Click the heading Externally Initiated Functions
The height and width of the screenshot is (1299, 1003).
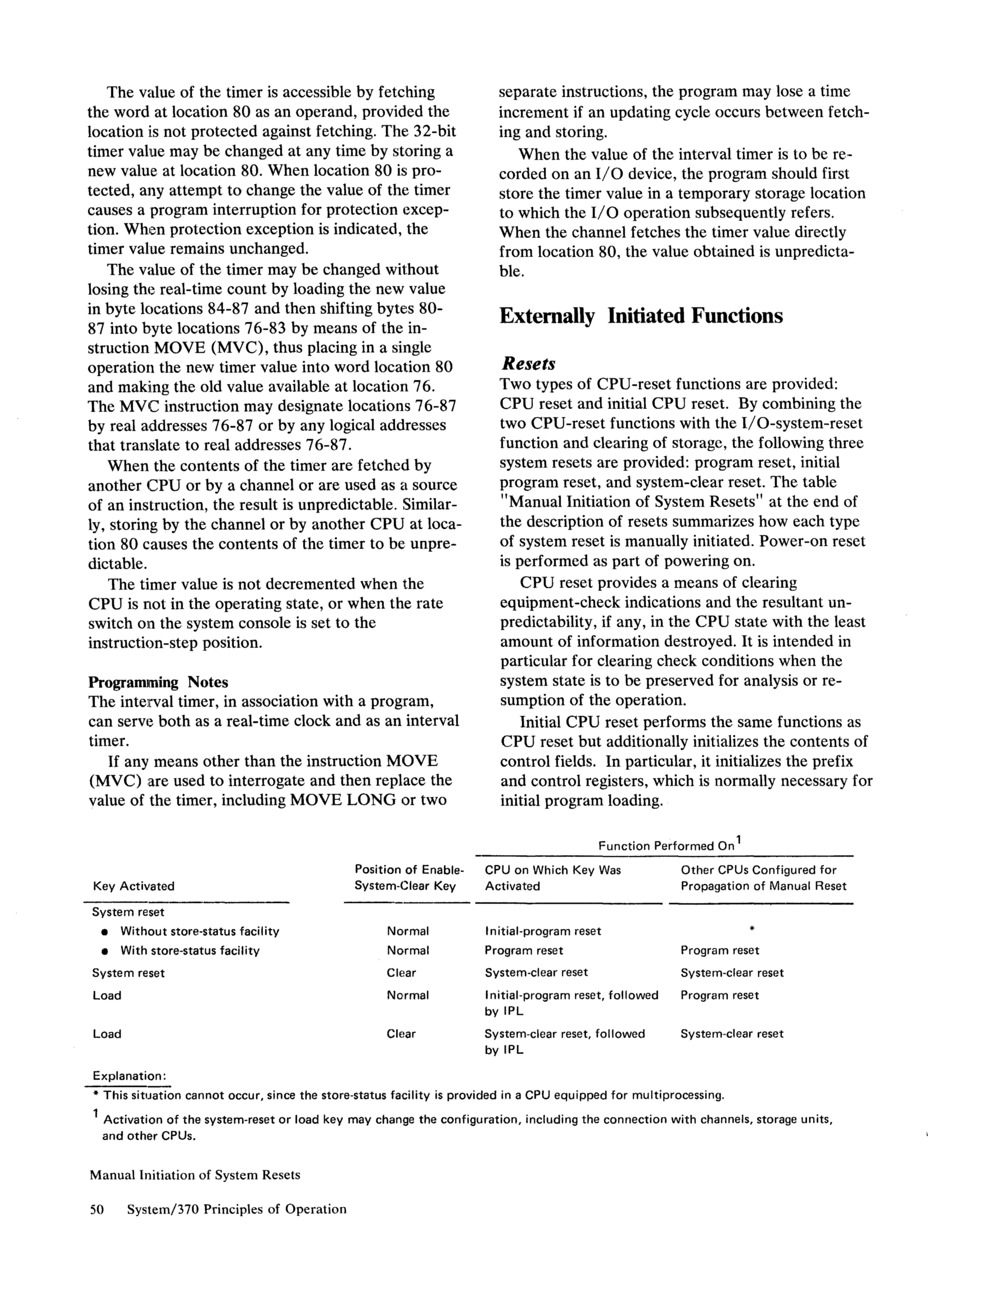point(640,316)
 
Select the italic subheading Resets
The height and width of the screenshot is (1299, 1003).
point(528,363)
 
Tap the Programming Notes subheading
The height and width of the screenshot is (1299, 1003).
point(157,682)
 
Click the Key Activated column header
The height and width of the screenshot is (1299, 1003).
point(134,886)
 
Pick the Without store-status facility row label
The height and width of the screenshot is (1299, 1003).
point(200,932)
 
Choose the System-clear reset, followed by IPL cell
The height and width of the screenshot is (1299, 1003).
point(564,1042)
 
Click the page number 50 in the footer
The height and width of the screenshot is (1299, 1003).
point(96,1209)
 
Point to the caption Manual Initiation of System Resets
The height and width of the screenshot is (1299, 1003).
point(195,1175)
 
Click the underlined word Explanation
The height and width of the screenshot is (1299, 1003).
point(129,1076)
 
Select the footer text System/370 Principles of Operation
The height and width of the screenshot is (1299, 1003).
point(237,1209)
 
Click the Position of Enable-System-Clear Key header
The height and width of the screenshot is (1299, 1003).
point(409,878)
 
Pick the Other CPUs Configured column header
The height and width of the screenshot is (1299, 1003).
point(763,878)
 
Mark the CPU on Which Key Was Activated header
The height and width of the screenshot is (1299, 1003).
point(552,878)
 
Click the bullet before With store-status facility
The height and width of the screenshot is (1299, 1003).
point(105,952)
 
